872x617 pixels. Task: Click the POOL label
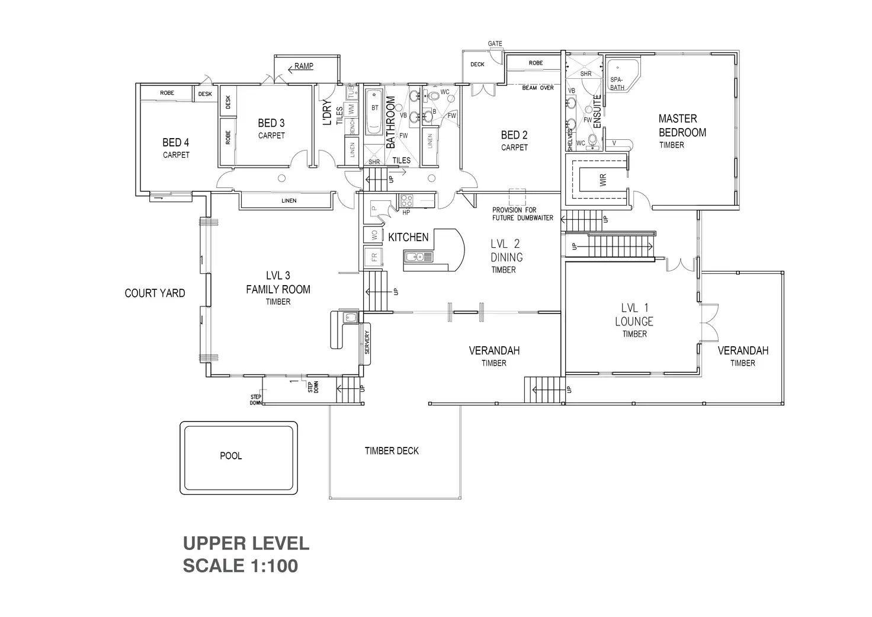(x=230, y=456)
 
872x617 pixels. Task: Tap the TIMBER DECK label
(x=392, y=451)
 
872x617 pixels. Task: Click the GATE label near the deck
(x=495, y=44)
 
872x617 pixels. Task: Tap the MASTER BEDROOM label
(x=682, y=126)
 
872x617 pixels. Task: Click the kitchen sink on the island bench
(x=419, y=257)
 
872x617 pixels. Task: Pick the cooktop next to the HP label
(x=407, y=200)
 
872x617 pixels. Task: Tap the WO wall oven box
(x=374, y=235)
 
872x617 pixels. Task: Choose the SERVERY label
(x=367, y=343)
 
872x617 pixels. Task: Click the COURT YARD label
(x=155, y=293)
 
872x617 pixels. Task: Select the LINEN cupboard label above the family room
(x=288, y=201)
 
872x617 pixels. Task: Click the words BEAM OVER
(x=537, y=88)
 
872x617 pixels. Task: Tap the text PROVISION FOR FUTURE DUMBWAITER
(x=522, y=214)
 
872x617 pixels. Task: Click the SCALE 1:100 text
(x=240, y=566)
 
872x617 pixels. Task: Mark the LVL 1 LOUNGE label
(x=634, y=315)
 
